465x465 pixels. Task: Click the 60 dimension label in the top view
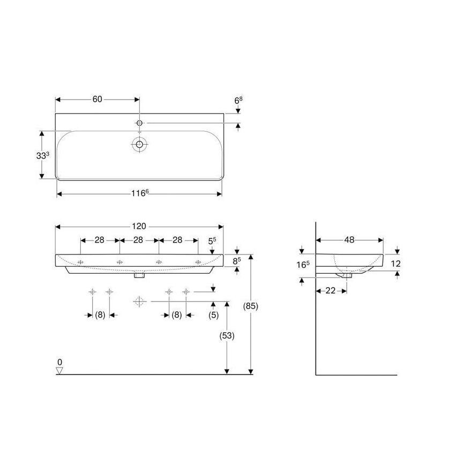(97, 99)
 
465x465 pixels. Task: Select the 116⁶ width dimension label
(140, 193)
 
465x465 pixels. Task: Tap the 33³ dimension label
(43, 156)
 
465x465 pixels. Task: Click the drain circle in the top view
(139, 144)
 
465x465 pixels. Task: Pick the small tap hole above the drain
(139, 123)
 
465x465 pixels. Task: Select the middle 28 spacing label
(138, 240)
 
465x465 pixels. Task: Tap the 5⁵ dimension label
(212, 241)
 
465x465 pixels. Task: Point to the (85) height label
(251, 306)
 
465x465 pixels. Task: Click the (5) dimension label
(213, 315)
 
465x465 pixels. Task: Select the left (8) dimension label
(100, 315)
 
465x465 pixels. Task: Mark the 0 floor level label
(60, 362)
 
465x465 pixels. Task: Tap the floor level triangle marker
(59, 370)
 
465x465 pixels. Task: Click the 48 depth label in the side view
(349, 240)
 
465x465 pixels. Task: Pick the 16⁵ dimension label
(303, 265)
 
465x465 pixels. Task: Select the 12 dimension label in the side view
(396, 263)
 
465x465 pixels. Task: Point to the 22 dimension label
(331, 290)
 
